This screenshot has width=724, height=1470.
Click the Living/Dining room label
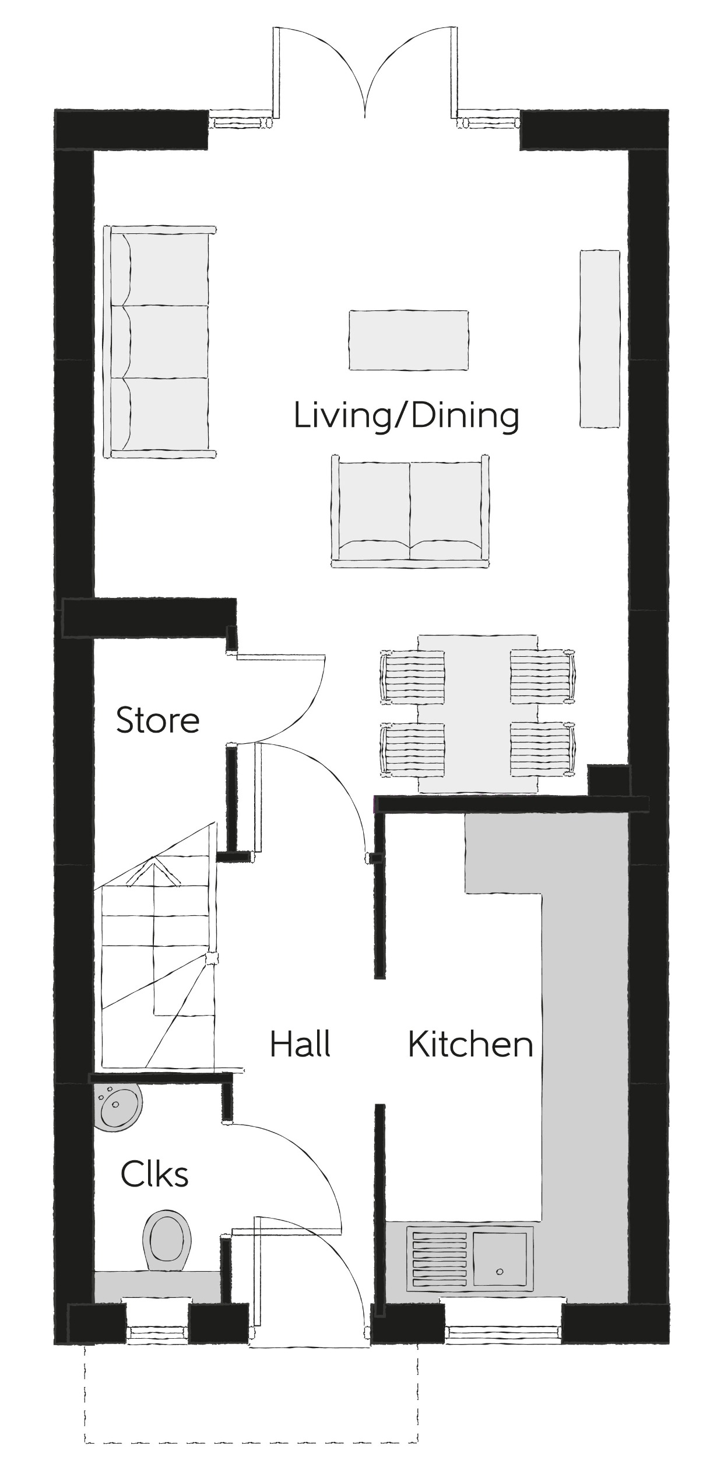pos(406,416)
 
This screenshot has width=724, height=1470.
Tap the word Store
pos(157,720)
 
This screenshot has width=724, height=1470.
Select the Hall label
pos(300,1044)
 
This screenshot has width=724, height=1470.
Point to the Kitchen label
pos(470,1045)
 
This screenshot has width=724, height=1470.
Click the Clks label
pos(154,1174)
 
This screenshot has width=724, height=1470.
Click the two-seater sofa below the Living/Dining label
pos(410,511)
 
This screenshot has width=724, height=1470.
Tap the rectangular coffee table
pos(409,340)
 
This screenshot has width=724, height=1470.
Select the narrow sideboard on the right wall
pos(599,339)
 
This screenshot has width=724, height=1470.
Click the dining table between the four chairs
pos(478,714)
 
